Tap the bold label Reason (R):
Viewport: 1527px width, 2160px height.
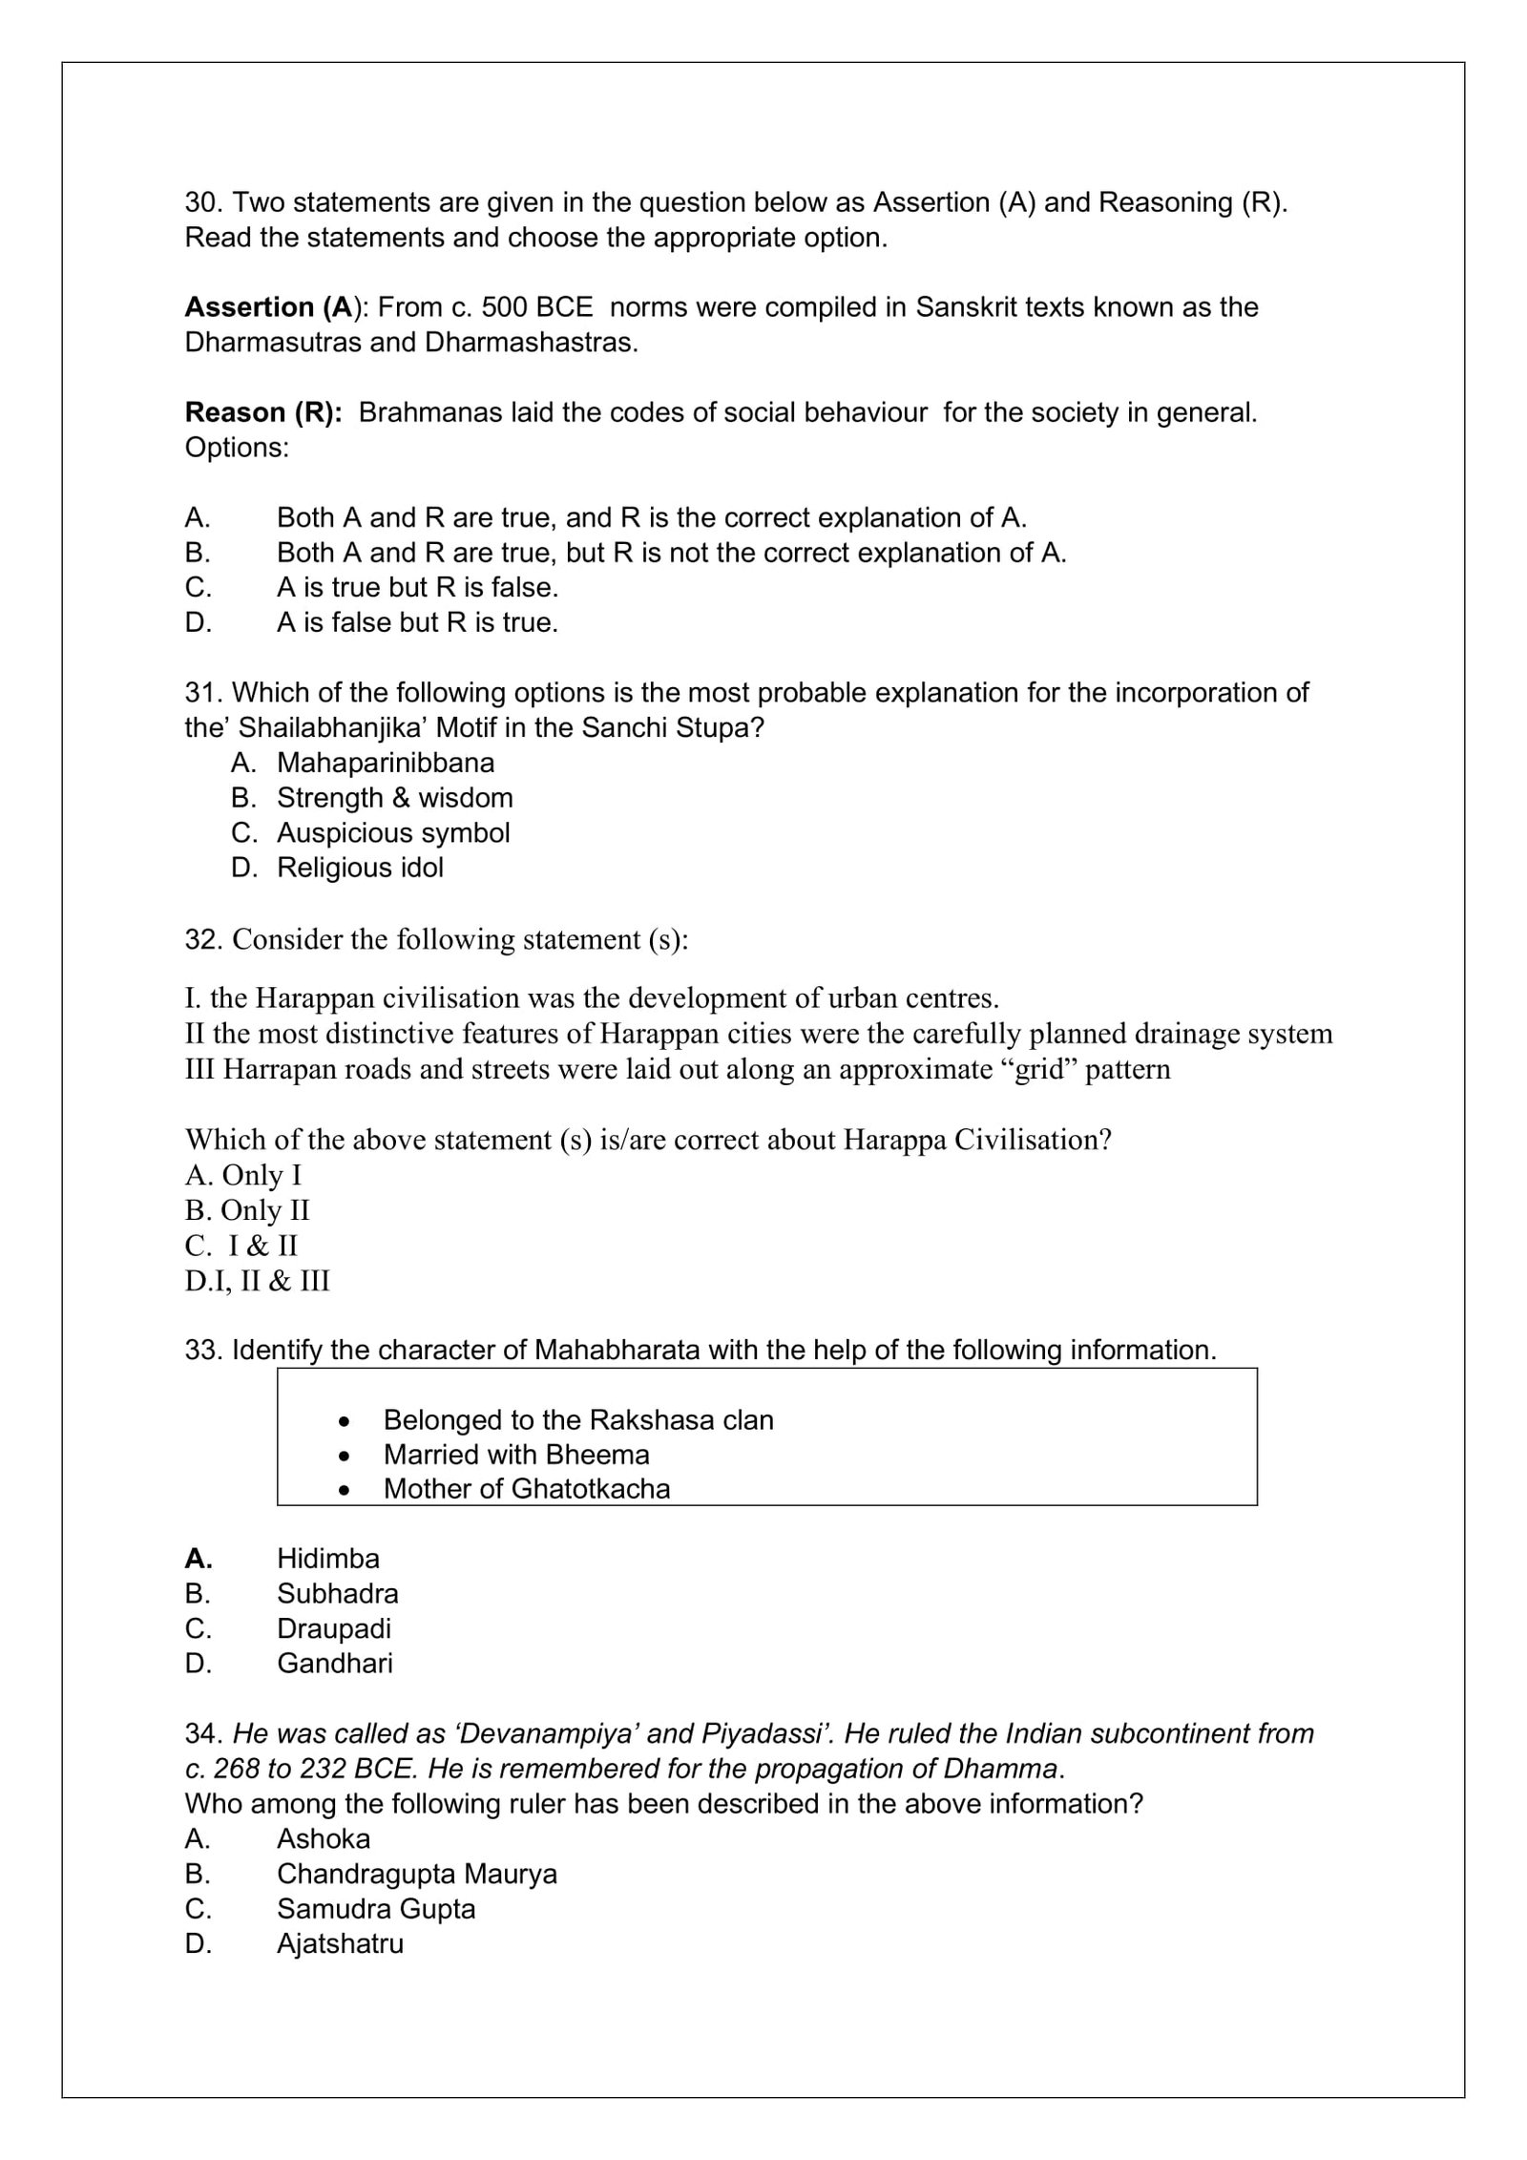pyautogui.click(x=263, y=412)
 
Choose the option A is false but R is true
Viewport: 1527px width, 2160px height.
pyautogui.click(x=417, y=622)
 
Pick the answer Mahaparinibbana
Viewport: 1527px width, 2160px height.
pyautogui.click(x=386, y=763)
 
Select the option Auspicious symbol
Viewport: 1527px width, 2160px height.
pyautogui.click(x=393, y=832)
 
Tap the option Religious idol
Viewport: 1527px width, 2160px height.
pyautogui.click(x=360, y=868)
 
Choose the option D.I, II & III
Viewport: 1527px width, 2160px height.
pyautogui.click(x=258, y=1281)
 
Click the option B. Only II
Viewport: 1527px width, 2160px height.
pyautogui.click(x=247, y=1210)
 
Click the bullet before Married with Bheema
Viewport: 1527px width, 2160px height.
pyautogui.click(x=345, y=1455)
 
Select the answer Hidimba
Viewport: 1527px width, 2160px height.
pyautogui.click(x=328, y=1559)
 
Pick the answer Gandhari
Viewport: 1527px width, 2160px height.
pyautogui.click(x=334, y=1664)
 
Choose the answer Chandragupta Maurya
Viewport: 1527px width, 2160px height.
pyautogui.click(x=417, y=1874)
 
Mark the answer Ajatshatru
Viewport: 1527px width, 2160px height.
pyautogui.click(x=340, y=1943)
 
